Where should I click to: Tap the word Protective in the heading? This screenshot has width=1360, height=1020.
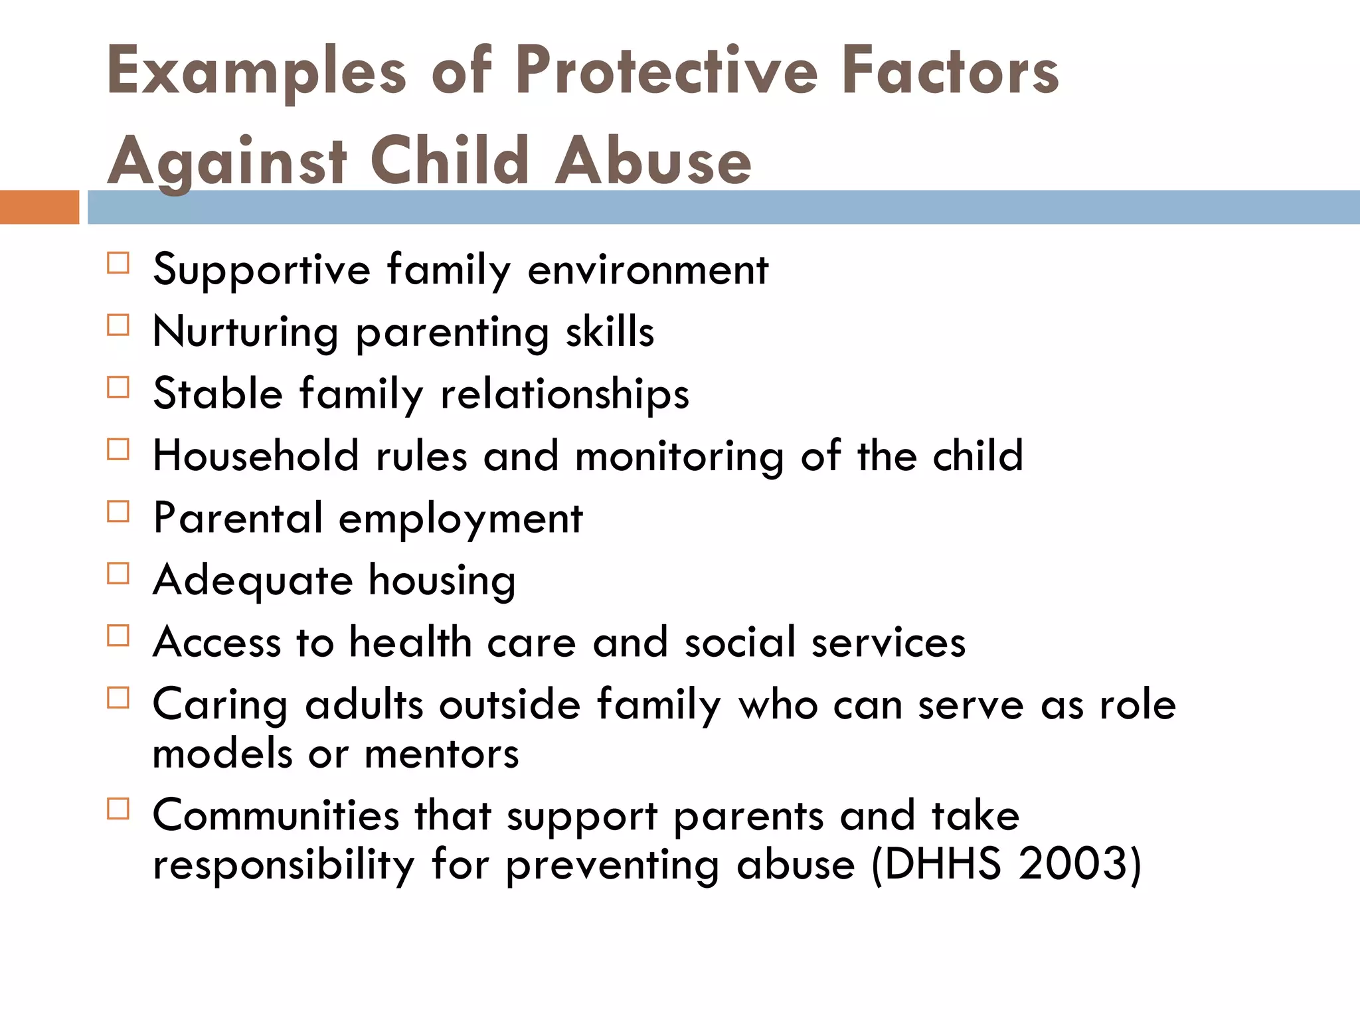(666, 70)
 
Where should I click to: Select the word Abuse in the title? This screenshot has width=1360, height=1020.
(653, 161)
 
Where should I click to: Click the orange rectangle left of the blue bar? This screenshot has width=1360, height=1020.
(39, 207)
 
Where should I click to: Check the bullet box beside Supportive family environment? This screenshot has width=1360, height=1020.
(118, 263)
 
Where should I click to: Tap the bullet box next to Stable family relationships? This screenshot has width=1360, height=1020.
(118, 387)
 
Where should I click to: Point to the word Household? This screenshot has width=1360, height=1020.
(256, 456)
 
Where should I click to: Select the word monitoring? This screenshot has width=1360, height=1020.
(679, 457)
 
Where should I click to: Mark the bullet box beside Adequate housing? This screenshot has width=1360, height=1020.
(118, 573)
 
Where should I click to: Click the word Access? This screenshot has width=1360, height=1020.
(217, 642)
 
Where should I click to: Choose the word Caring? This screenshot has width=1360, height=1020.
(220, 705)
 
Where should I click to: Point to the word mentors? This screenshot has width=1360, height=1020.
(442, 754)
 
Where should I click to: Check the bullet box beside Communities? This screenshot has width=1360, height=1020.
(118, 809)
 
